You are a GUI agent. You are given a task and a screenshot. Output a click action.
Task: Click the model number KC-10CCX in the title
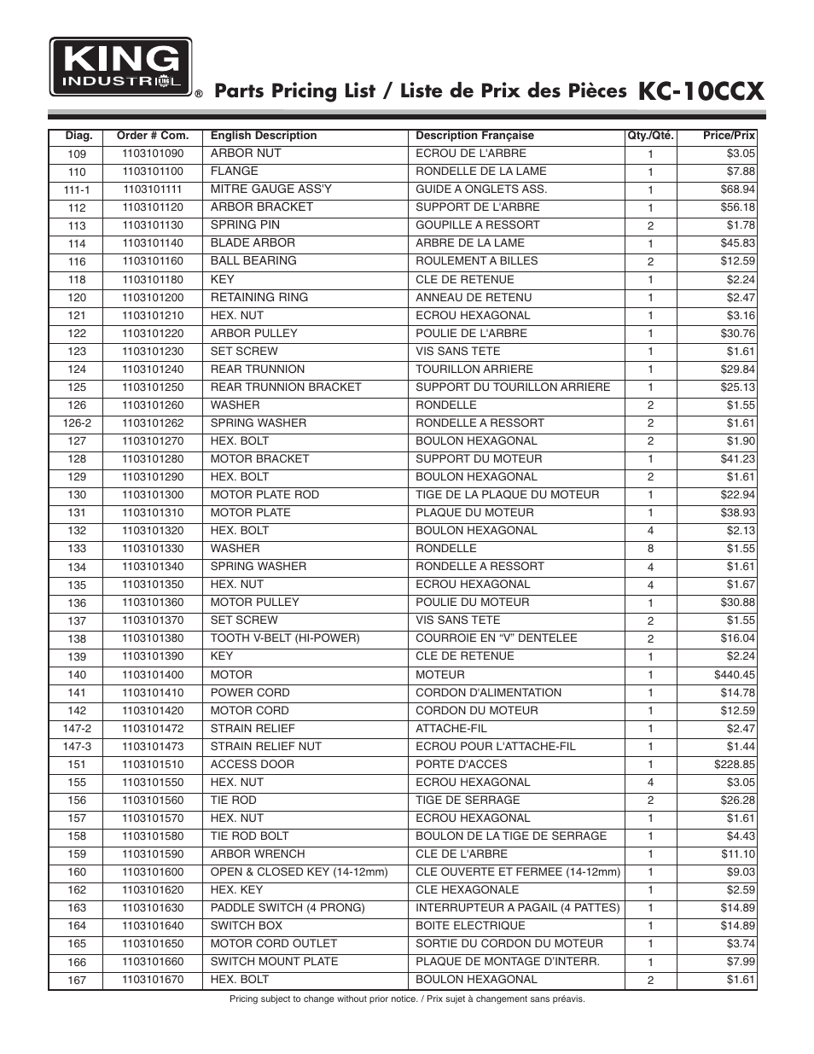click(701, 91)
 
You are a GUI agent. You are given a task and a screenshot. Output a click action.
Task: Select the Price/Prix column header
click(729, 136)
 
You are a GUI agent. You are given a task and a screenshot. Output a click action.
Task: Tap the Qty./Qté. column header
click(650, 136)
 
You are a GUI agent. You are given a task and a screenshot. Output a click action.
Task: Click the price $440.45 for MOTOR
click(734, 675)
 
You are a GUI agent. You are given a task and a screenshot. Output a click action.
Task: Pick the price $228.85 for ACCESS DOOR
click(734, 765)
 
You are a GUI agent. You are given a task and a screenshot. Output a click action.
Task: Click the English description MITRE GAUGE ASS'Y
click(271, 189)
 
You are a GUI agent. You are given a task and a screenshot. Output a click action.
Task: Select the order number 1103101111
click(152, 189)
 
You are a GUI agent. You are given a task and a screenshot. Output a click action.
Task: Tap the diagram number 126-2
click(77, 423)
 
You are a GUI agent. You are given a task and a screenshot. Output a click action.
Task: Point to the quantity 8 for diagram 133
click(650, 549)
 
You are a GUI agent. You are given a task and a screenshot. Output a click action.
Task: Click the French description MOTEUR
click(440, 675)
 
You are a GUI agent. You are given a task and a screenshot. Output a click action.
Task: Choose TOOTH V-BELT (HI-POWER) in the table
click(285, 638)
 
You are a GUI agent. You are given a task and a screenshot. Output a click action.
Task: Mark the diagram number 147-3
click(77, 747)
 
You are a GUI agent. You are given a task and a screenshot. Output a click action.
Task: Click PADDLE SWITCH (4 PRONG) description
click(288, 908)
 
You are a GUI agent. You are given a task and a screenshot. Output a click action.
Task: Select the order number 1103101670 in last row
click(152, 980)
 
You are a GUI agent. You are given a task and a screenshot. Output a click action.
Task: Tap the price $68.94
click(737, 189)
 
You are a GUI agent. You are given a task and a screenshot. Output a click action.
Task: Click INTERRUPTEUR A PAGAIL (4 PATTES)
click(517, 908)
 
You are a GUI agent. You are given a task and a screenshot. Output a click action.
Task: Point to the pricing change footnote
click(407, 999)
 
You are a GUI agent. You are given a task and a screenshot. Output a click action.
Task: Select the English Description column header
click(263, 136)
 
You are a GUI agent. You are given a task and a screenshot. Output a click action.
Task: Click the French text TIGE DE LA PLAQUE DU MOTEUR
click(507, 495)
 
